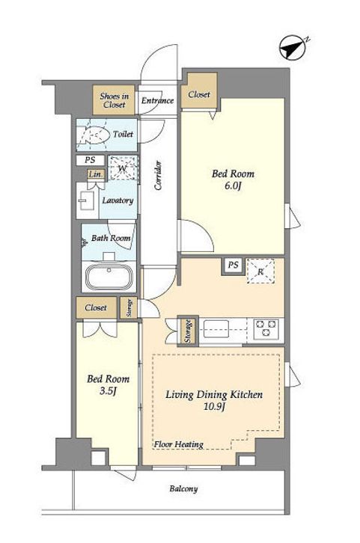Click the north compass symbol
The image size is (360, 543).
tap(293, 47)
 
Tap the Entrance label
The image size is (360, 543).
tap(157, 100)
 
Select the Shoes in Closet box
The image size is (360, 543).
tap(114, 100)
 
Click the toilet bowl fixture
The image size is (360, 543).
tap(92, 135)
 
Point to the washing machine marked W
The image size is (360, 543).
tap(123, 168)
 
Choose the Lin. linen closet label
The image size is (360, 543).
tap(95, 174)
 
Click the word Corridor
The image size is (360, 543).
tap(158, 175)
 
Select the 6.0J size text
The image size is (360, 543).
tap(233, 185)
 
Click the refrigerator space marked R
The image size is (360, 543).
tap(260, 271)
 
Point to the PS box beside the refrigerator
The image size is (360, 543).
tap(234, 266)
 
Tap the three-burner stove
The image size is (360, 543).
tap(266, 328)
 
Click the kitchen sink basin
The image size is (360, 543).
tap(216, 328)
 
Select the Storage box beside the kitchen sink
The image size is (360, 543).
tap(188, 331)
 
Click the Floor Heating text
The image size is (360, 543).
tap(178, 444)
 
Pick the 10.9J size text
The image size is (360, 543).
tap(214, 406)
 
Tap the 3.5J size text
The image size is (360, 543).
tap(108, 391)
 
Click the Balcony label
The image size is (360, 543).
tap(183, 489)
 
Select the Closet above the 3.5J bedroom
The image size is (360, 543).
tap(96, 307)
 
